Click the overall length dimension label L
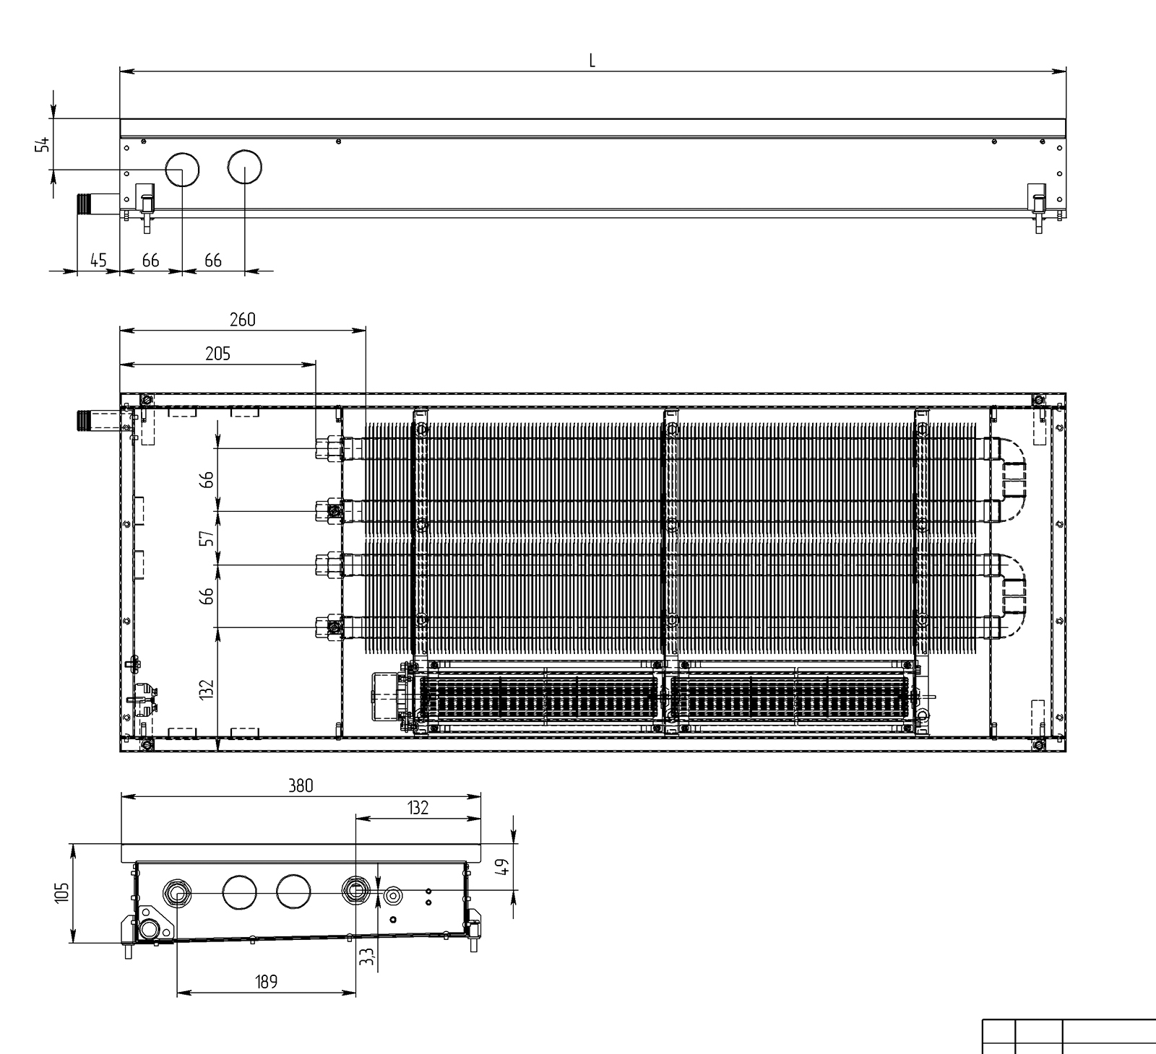[x=592, y=61]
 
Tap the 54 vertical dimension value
[x=43, y=144]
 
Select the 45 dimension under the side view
[x=98, y=260]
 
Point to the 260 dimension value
[x=242, y=319]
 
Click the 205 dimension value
[x=217, y=353]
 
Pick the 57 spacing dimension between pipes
[x=207, y=538]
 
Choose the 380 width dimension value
[x=301, y=785]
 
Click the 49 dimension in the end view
[x=504, y=866]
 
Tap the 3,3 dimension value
[x=367, y=957]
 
